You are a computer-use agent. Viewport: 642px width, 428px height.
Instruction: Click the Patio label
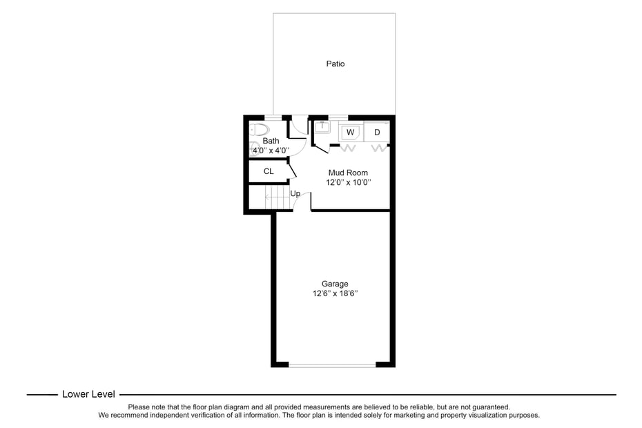click(335, 64)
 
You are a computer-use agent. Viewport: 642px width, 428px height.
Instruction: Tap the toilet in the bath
click(258, 130)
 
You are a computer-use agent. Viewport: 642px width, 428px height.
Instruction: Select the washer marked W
click(351, 132)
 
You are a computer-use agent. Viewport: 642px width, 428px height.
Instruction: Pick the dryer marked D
click(377, 132)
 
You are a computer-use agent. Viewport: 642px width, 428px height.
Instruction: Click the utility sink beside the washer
click(322, 127)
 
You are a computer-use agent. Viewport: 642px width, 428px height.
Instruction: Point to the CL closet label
click(269, 171)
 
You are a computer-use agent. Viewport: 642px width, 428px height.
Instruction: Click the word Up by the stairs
click(295, 194)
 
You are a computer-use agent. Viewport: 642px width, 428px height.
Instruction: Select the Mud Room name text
click(348, 173)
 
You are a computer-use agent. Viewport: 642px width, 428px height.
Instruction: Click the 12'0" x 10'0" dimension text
click(349, 183)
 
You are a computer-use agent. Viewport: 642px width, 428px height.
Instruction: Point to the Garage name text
click(335, 284)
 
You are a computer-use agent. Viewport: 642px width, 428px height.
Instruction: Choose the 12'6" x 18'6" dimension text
click(335, 294)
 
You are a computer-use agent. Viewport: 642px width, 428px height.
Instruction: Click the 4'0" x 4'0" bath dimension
click(271, 150)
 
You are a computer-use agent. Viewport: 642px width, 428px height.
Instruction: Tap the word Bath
click(271, 141)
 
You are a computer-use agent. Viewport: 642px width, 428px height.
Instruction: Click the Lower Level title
click(88, 394)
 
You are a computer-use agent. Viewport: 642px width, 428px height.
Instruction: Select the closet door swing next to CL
click(293, 169)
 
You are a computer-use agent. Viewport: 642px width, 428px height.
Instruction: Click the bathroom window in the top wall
click(274, 117)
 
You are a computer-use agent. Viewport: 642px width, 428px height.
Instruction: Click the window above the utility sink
click(338, 117)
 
